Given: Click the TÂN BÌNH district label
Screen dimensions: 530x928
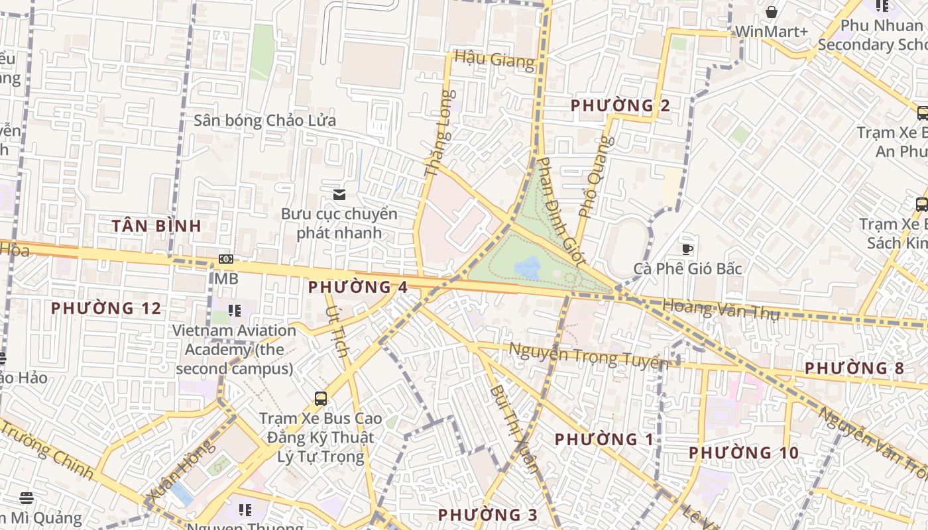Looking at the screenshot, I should (156, 226).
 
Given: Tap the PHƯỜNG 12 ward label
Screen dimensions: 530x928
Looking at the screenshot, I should (106, 308).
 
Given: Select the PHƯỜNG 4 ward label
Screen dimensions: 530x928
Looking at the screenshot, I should (358, 287).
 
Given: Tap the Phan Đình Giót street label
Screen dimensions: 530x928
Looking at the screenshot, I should (560, 212).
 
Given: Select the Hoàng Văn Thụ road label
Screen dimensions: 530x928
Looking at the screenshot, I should (721, 309).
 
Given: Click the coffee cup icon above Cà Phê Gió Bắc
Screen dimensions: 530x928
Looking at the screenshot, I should (687, 249).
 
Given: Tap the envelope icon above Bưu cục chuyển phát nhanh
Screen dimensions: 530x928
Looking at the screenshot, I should (339, 194).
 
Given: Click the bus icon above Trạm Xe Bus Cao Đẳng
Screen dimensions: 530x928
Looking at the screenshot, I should (321, 398).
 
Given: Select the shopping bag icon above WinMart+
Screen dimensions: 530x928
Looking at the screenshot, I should (772, 12).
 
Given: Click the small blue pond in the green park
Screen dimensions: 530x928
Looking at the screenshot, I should (528, 268).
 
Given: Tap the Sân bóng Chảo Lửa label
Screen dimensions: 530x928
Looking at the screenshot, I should (264, 121).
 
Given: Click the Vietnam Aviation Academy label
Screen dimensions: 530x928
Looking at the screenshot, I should (235, 349).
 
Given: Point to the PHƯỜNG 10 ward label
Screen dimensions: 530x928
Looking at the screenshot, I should (743, 453).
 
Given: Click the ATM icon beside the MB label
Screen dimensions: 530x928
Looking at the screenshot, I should (226, 259).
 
